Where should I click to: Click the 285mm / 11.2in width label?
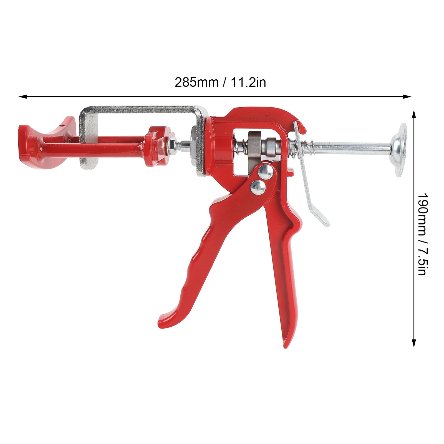click(220, 82)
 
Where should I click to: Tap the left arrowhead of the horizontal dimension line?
click(22, 97)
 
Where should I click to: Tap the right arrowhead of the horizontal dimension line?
click(407, 97)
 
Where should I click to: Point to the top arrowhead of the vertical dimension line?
click(414, 114)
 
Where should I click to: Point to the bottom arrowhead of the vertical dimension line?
click(414, 343)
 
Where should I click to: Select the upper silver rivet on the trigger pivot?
click(265, 171)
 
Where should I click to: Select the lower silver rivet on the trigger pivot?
click(258, 187)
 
